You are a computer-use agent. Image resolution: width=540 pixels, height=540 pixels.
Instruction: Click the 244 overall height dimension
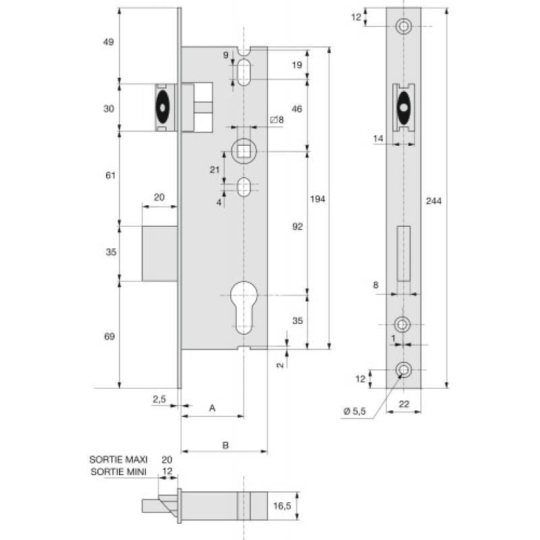click(434, 200)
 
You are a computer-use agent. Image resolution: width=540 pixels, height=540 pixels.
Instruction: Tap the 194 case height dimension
click(318, 199)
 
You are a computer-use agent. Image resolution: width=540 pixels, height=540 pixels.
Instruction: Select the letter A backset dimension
click(212, 408)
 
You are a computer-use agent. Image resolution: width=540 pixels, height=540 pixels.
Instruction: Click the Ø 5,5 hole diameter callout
click(354, 412)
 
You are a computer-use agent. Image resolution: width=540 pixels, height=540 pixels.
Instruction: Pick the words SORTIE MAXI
click(118, 459)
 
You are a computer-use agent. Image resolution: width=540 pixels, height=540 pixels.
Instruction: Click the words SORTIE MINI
click(118, 471)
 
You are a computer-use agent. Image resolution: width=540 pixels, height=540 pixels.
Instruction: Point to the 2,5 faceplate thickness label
click(159, 400)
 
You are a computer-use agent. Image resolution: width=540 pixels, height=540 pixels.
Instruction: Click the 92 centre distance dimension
click(298, 227)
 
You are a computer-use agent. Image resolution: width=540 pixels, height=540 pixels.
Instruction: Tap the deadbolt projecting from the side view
click(161, 252)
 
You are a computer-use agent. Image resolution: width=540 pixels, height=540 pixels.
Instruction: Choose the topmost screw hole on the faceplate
click(404, 26)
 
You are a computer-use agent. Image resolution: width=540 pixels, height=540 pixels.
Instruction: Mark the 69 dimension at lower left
click(111, 336)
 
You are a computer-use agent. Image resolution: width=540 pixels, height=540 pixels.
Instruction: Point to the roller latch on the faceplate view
click(403, 108)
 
